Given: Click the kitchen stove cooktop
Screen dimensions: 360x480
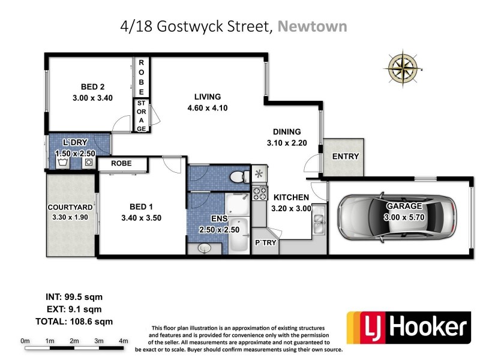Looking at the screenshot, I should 260,193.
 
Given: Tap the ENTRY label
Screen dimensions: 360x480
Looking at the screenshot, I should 346,157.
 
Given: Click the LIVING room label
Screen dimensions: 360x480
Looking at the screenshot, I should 208,97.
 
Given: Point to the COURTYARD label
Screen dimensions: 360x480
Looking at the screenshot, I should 70,208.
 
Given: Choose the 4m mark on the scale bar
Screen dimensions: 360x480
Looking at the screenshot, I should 124,341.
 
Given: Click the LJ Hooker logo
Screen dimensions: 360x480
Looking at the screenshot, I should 407,328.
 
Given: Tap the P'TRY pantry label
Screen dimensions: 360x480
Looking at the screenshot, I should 265,242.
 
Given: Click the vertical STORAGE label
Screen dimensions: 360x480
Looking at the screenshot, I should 141,115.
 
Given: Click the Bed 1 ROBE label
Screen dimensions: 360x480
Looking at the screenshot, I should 122,163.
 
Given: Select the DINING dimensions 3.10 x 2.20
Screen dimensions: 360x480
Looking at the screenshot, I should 286,143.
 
